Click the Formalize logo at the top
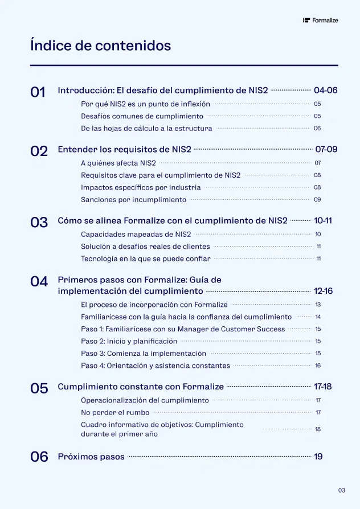click(321, 20)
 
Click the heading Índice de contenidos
click(100, 46)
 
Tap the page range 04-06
click(326, 91)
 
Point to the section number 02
click(39, 151)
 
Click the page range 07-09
click(326, 150)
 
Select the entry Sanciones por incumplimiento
click(133, 200)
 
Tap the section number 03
click(39, 223)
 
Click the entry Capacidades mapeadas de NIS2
click(136, 234)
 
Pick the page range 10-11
click(323, 221)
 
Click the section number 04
click(39, 281)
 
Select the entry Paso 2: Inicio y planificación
click(129, 341)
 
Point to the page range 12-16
click(323, 292)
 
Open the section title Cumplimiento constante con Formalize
click(141, 387)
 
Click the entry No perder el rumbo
click(115, 412)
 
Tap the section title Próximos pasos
click(91, 457)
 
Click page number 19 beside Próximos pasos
click(318, 457)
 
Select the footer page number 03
click(342, 490)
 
